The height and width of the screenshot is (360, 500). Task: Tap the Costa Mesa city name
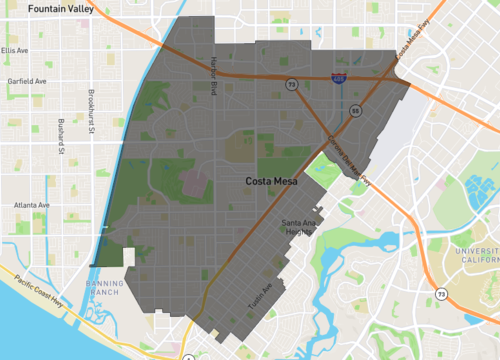[x=275, y=183]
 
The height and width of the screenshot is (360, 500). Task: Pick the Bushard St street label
[x=60, y=139]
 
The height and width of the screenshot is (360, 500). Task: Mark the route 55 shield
[x=355, y=110]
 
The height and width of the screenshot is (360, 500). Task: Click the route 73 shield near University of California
[x=441, y=295]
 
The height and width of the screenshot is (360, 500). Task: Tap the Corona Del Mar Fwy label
[x=350, y=160]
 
